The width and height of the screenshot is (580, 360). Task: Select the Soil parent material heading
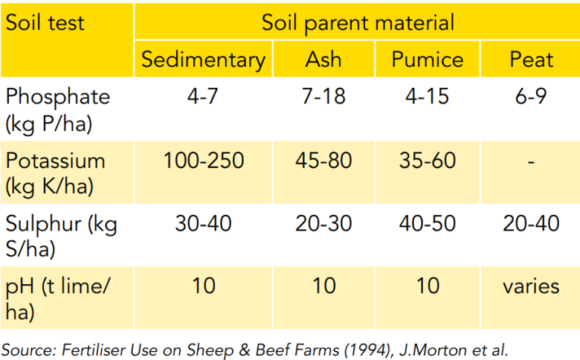tap(358, 23)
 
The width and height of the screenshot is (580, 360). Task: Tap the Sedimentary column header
tap(204, 60)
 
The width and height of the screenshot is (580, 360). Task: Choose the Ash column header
tap(323, 60)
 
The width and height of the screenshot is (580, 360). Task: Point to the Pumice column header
tap(428, 60)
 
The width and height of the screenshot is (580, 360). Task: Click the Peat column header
tap(531, 60)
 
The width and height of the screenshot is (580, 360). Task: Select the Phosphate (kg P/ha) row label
tap(58, 110)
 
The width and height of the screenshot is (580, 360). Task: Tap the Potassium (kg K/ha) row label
tap(56, 173)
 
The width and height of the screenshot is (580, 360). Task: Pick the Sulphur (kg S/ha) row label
tap(62, 235)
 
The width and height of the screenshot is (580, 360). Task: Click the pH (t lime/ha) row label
tap(58, 298)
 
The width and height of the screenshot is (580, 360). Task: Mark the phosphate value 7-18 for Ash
tap(323, 96)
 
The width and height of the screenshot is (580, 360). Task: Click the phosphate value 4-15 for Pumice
tap(428, 96)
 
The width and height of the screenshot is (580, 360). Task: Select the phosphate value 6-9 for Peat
tap(531, 96)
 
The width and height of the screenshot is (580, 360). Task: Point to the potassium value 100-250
tap(204, 161)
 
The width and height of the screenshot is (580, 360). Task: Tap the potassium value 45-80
tap(323, 161)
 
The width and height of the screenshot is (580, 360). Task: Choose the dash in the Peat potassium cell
tap(531, 161)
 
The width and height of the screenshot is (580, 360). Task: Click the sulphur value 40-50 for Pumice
tap(428, 223)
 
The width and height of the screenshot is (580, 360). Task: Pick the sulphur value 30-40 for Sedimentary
tap(204, 223)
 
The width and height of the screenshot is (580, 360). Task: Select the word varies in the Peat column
tap(531, 286)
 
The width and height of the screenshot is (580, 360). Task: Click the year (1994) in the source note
tap(367, 350)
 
